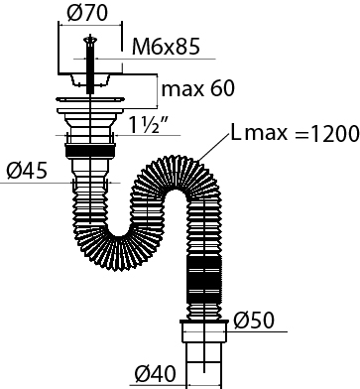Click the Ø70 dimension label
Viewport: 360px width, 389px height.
[87, 13]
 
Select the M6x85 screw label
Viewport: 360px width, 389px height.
[166, 47]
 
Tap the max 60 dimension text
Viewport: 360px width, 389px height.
[198, 88]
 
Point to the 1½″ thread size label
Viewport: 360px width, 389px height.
[148, 125]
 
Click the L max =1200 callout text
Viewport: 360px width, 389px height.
[295, 133]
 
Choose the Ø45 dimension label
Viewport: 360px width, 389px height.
[27, 171]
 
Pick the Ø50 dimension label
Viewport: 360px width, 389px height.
[254, 321]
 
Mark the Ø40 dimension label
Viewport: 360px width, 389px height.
[156, 374]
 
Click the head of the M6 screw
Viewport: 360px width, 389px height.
[89, 40]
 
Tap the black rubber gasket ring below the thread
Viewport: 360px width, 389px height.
[90, 151]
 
